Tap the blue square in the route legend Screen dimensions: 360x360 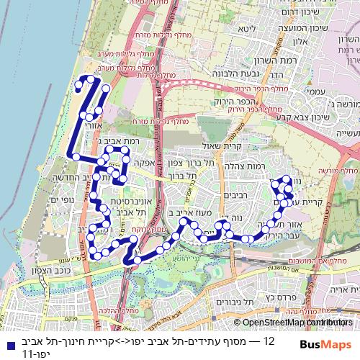(x=6, y=343)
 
